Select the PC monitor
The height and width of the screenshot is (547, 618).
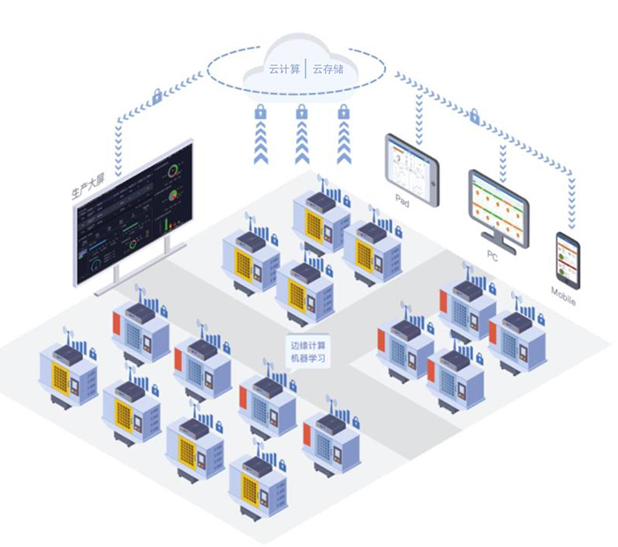coord(499,208)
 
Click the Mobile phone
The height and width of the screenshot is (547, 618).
coord(568,261)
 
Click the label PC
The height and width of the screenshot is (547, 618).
coord(493,256)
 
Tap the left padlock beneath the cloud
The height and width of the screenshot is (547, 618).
coord(260,112)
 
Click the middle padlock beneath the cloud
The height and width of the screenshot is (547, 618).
coord(302,112)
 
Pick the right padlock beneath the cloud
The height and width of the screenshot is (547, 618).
coord(343,112)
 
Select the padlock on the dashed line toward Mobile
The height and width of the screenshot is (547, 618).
coord(474,116)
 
